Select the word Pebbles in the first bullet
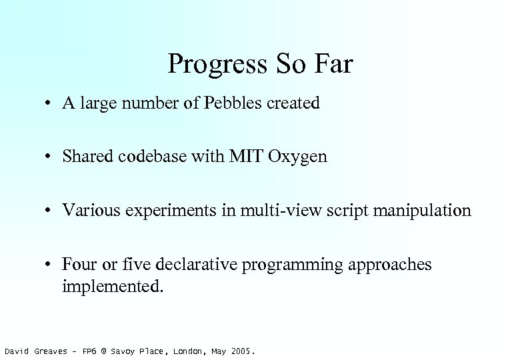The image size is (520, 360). [x=236, y=104]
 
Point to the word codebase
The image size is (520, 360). [x=140, y=157]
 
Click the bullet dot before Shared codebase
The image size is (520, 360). [x=50, y=158]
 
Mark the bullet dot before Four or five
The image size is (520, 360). [x=50, y=265]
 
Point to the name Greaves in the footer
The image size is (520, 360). [x=51, y=351]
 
